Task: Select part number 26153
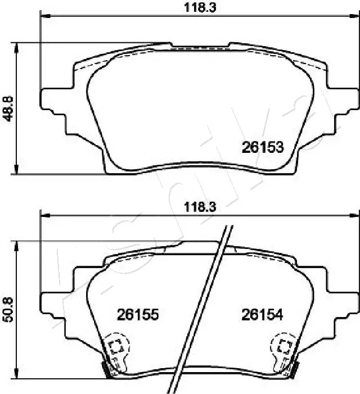click(x=262, y=148)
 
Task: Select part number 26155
click(x=138, y=315)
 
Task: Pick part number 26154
click(x=262, y=315)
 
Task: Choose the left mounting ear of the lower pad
click(x=53, y=304)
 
